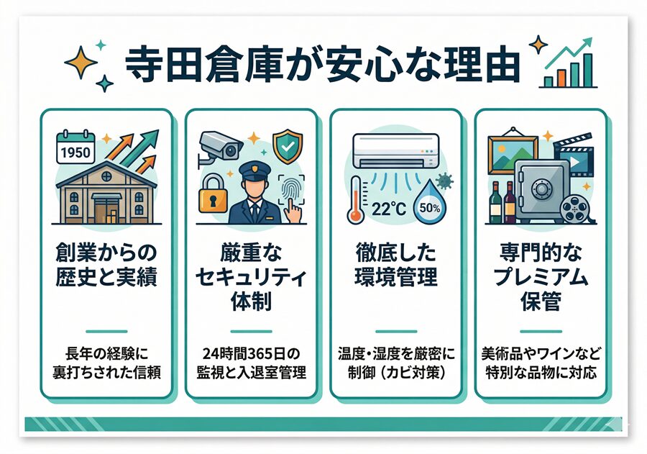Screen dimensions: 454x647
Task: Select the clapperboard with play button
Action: coord(574,155)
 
